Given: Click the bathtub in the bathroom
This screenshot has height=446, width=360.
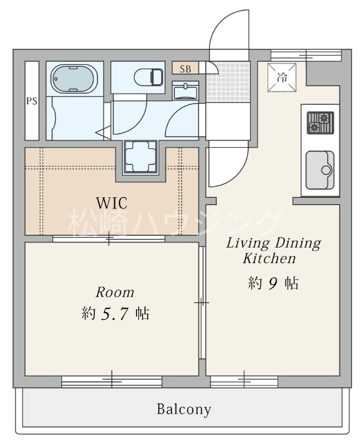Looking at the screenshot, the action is [x=74, y=78].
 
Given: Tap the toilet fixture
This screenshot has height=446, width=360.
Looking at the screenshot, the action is [x=148, y=77].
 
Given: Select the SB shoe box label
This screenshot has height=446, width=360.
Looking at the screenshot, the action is [x=186, y=69].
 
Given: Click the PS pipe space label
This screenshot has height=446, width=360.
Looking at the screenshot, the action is [x=32, y=101].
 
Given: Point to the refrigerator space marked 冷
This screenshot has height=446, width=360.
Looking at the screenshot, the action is [x=282, y=77].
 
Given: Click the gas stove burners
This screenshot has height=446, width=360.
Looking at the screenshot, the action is [x=320, y=123].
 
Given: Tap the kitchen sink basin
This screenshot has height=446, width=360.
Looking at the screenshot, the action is [x=320, y=170].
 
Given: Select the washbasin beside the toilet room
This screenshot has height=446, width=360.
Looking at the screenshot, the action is [x=186, y=91].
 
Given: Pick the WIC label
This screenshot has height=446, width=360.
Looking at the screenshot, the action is [x=112, y=203].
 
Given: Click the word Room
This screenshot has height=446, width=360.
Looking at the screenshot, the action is [x=115, y=293].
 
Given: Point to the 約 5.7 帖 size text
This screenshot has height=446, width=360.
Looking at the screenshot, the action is [x=115, y=314].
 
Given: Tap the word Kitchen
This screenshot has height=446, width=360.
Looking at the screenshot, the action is [x=269, y=259].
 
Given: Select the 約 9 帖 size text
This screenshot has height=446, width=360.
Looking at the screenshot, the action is [x=273, y=283].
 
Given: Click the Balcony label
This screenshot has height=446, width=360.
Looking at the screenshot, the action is [x=184, y=409].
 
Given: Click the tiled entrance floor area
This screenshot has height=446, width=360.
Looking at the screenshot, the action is [x=228, y=82].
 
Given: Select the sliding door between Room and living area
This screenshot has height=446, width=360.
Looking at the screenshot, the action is [x=202, y=303].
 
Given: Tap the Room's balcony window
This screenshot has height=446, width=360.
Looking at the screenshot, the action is [x=112, y=381].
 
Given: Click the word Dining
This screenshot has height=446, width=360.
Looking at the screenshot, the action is [x=298, y=244].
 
